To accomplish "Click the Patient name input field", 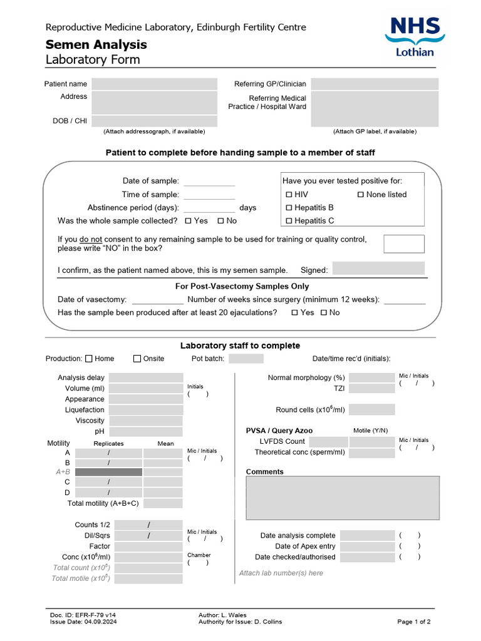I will point(154,84).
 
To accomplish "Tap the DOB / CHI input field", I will point(154,121).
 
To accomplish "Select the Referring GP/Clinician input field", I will point(375,84).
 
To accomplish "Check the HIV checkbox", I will point(289,195).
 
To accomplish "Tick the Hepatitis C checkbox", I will point(289,221).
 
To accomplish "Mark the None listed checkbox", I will point(361,195).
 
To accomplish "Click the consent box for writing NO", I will point(403,244).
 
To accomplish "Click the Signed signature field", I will point(378,269).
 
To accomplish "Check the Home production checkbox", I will point(89,359).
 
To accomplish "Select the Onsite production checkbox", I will point(137,359).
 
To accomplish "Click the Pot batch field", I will point(246,359).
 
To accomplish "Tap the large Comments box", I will point(342,498).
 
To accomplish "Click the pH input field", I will point(146,431).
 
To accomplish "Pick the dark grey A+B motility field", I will point(108,472).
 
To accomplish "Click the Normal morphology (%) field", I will point(372,377).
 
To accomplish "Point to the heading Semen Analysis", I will point(96,44).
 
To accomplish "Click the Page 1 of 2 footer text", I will point(413,622).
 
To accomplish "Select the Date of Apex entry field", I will point(367,546).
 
